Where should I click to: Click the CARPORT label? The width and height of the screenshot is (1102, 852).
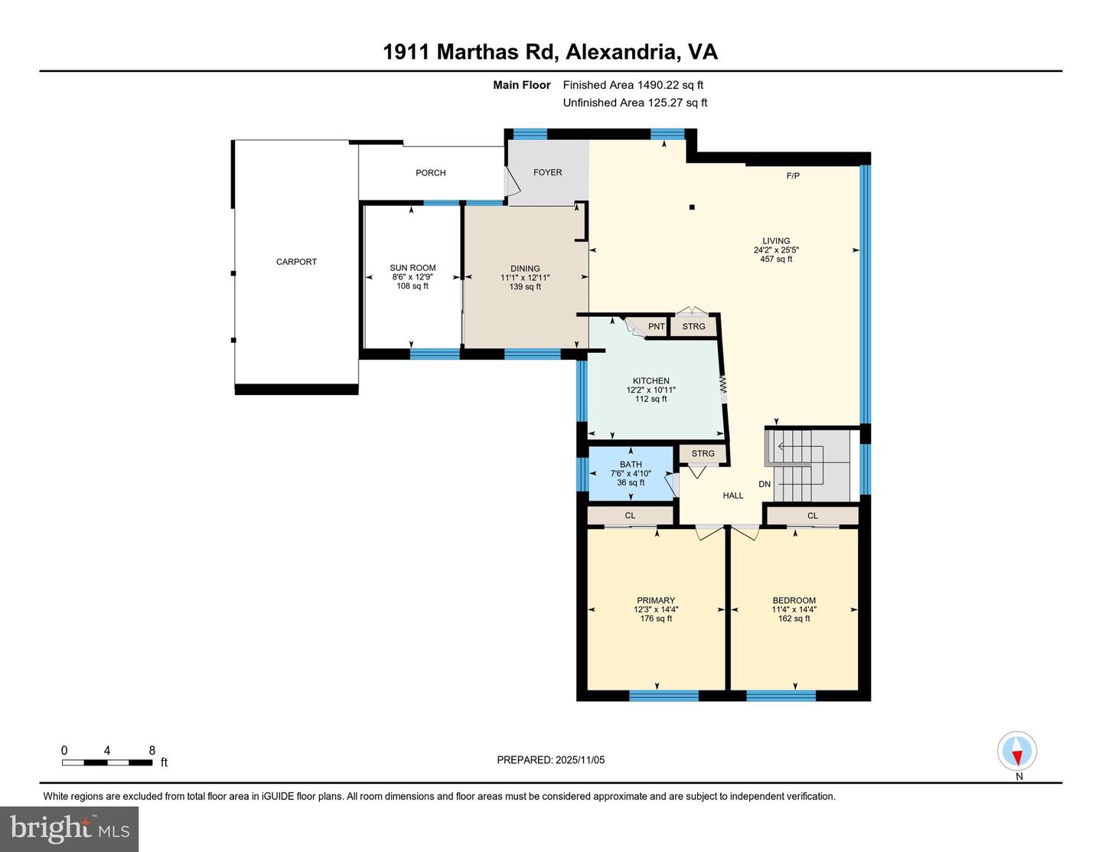(x=296, y=262)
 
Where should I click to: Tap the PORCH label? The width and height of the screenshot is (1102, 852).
(x=431, y=173)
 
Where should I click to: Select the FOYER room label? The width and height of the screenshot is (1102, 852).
(x=548, y=172)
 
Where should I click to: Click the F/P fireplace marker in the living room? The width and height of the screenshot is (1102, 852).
(x=793, y=176)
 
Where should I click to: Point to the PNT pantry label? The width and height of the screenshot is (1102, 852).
(x=657, y=326)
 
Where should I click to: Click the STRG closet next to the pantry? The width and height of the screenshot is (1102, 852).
(x=694, y=326)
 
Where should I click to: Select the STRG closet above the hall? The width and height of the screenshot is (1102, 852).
(x=703, y=453)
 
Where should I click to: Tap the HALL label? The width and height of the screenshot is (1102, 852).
(x=733, y=495)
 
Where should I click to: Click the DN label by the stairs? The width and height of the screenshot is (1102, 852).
(x=765, y=484)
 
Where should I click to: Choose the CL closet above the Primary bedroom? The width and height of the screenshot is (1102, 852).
(x=630, y=515)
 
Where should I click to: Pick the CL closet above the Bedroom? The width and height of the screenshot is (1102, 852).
(x=813, y=516)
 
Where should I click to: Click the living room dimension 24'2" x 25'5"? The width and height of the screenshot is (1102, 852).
(x=776, y=250)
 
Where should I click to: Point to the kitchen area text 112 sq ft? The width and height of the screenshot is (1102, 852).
(x=651, y=399)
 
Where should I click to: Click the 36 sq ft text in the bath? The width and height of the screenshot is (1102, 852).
(x=631, y=483)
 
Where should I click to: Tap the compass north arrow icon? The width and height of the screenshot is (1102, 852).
(x=1017, y=751)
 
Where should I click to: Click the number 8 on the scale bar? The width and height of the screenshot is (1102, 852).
(x=152, y=750)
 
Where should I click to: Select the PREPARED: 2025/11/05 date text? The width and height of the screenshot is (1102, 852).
(x=551, y=760)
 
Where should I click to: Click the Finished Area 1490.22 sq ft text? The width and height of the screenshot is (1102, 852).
(x=633, y=85)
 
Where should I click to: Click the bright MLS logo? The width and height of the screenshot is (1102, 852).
(x=70, y=829)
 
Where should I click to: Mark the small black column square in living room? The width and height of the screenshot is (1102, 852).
(x=692, y=207)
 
